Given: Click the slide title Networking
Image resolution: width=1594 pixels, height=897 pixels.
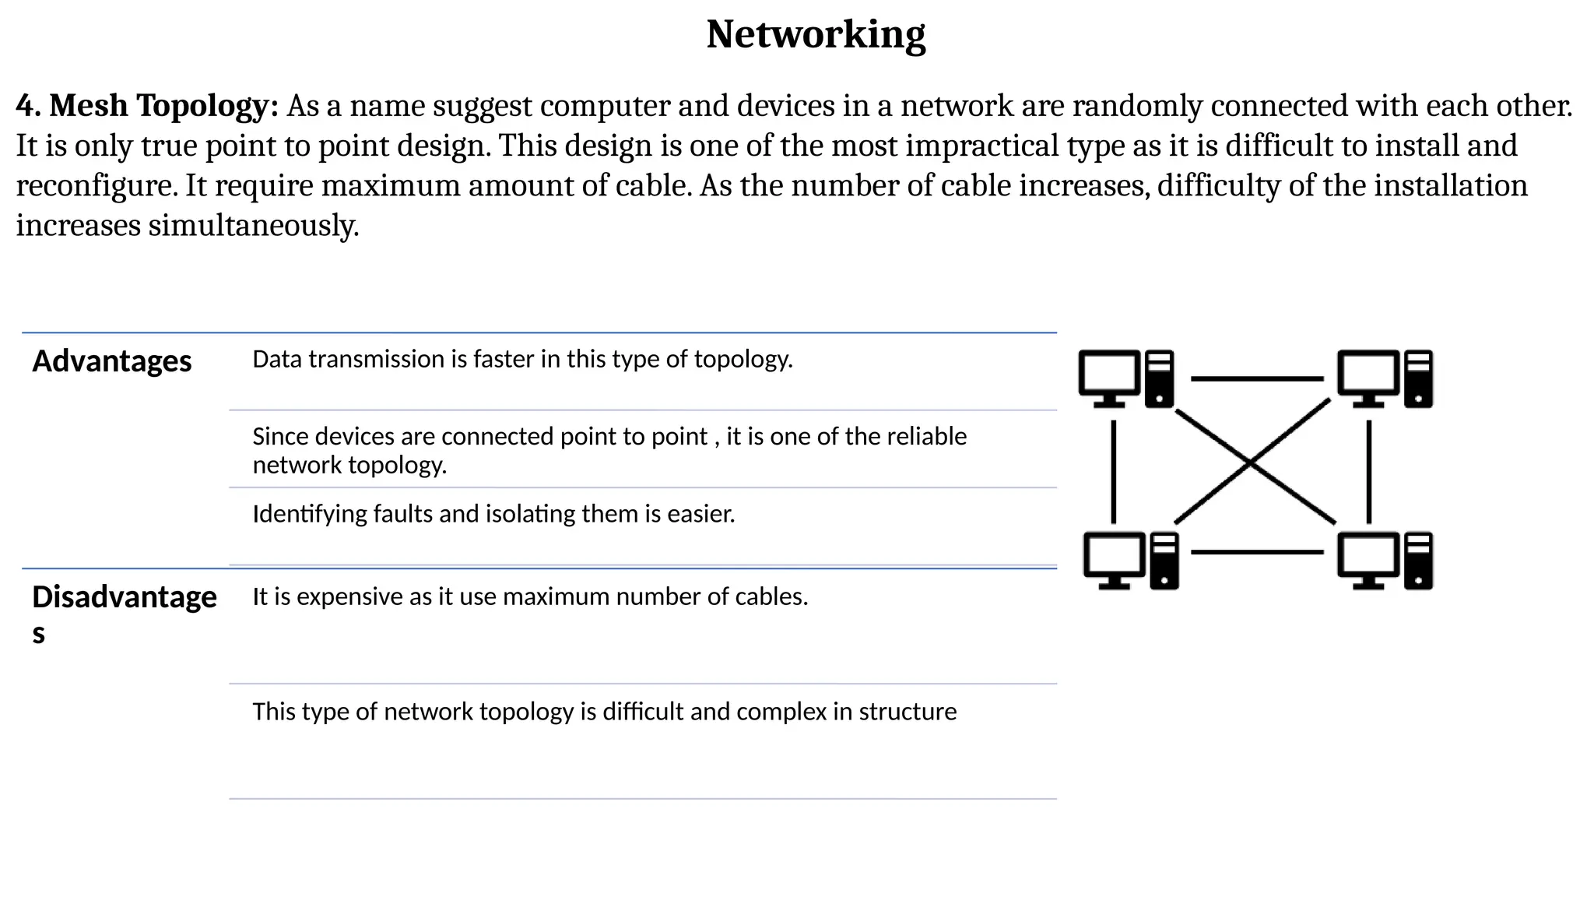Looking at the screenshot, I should tap(815, 35).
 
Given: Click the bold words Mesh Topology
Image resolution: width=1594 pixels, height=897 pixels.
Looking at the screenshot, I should tap(163, 106).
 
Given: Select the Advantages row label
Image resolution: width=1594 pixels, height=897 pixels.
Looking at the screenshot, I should tap(111, 361).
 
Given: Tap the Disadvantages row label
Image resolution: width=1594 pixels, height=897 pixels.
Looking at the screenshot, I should tap(124, 598).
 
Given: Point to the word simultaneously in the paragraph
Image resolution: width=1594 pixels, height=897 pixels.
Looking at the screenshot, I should tap(253, 226).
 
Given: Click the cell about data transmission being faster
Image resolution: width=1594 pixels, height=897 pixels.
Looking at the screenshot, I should tap(522, 360).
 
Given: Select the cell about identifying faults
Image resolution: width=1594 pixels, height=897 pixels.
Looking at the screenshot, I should tap(493, 515).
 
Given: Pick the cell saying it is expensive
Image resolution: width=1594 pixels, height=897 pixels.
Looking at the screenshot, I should tap(530, 597).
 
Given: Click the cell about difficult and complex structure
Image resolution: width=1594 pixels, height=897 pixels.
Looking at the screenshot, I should tap(604, 712).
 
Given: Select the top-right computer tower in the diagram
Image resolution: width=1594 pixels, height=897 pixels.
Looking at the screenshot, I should tap(1419, 378).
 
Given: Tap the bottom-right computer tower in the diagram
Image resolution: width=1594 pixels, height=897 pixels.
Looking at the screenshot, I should tap(1419, 561).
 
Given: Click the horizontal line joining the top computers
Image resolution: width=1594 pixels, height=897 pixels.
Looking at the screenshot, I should tap(1257, 379).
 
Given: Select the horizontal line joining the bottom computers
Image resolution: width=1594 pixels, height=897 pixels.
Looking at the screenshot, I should tap(1257, 552).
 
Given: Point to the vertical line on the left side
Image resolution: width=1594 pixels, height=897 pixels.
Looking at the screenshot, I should tap(1114, 472).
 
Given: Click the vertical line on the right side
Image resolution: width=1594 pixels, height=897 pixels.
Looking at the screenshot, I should tap(1369, 472).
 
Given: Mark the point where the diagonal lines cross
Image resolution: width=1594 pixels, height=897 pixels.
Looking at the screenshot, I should tap(1251, 463).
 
